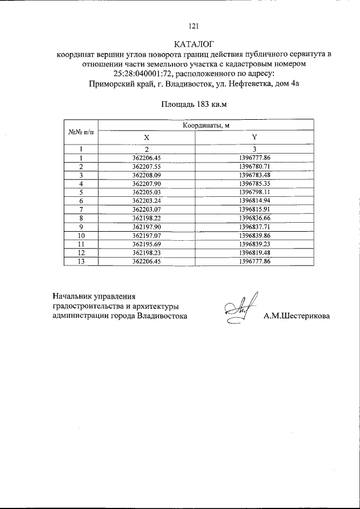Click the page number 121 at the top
[x=194, y=26]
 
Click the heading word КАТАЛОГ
[x=195, y=44]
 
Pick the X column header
[x=146, y=137]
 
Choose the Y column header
[x=254, y=137]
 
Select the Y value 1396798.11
[x=255, y=192]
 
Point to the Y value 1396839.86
[x=255, y=236]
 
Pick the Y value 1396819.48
[x=255, y=253]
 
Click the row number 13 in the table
[x=81, y=262]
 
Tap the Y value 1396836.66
[x=255, y=218]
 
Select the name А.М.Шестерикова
[x=297, y=316]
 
